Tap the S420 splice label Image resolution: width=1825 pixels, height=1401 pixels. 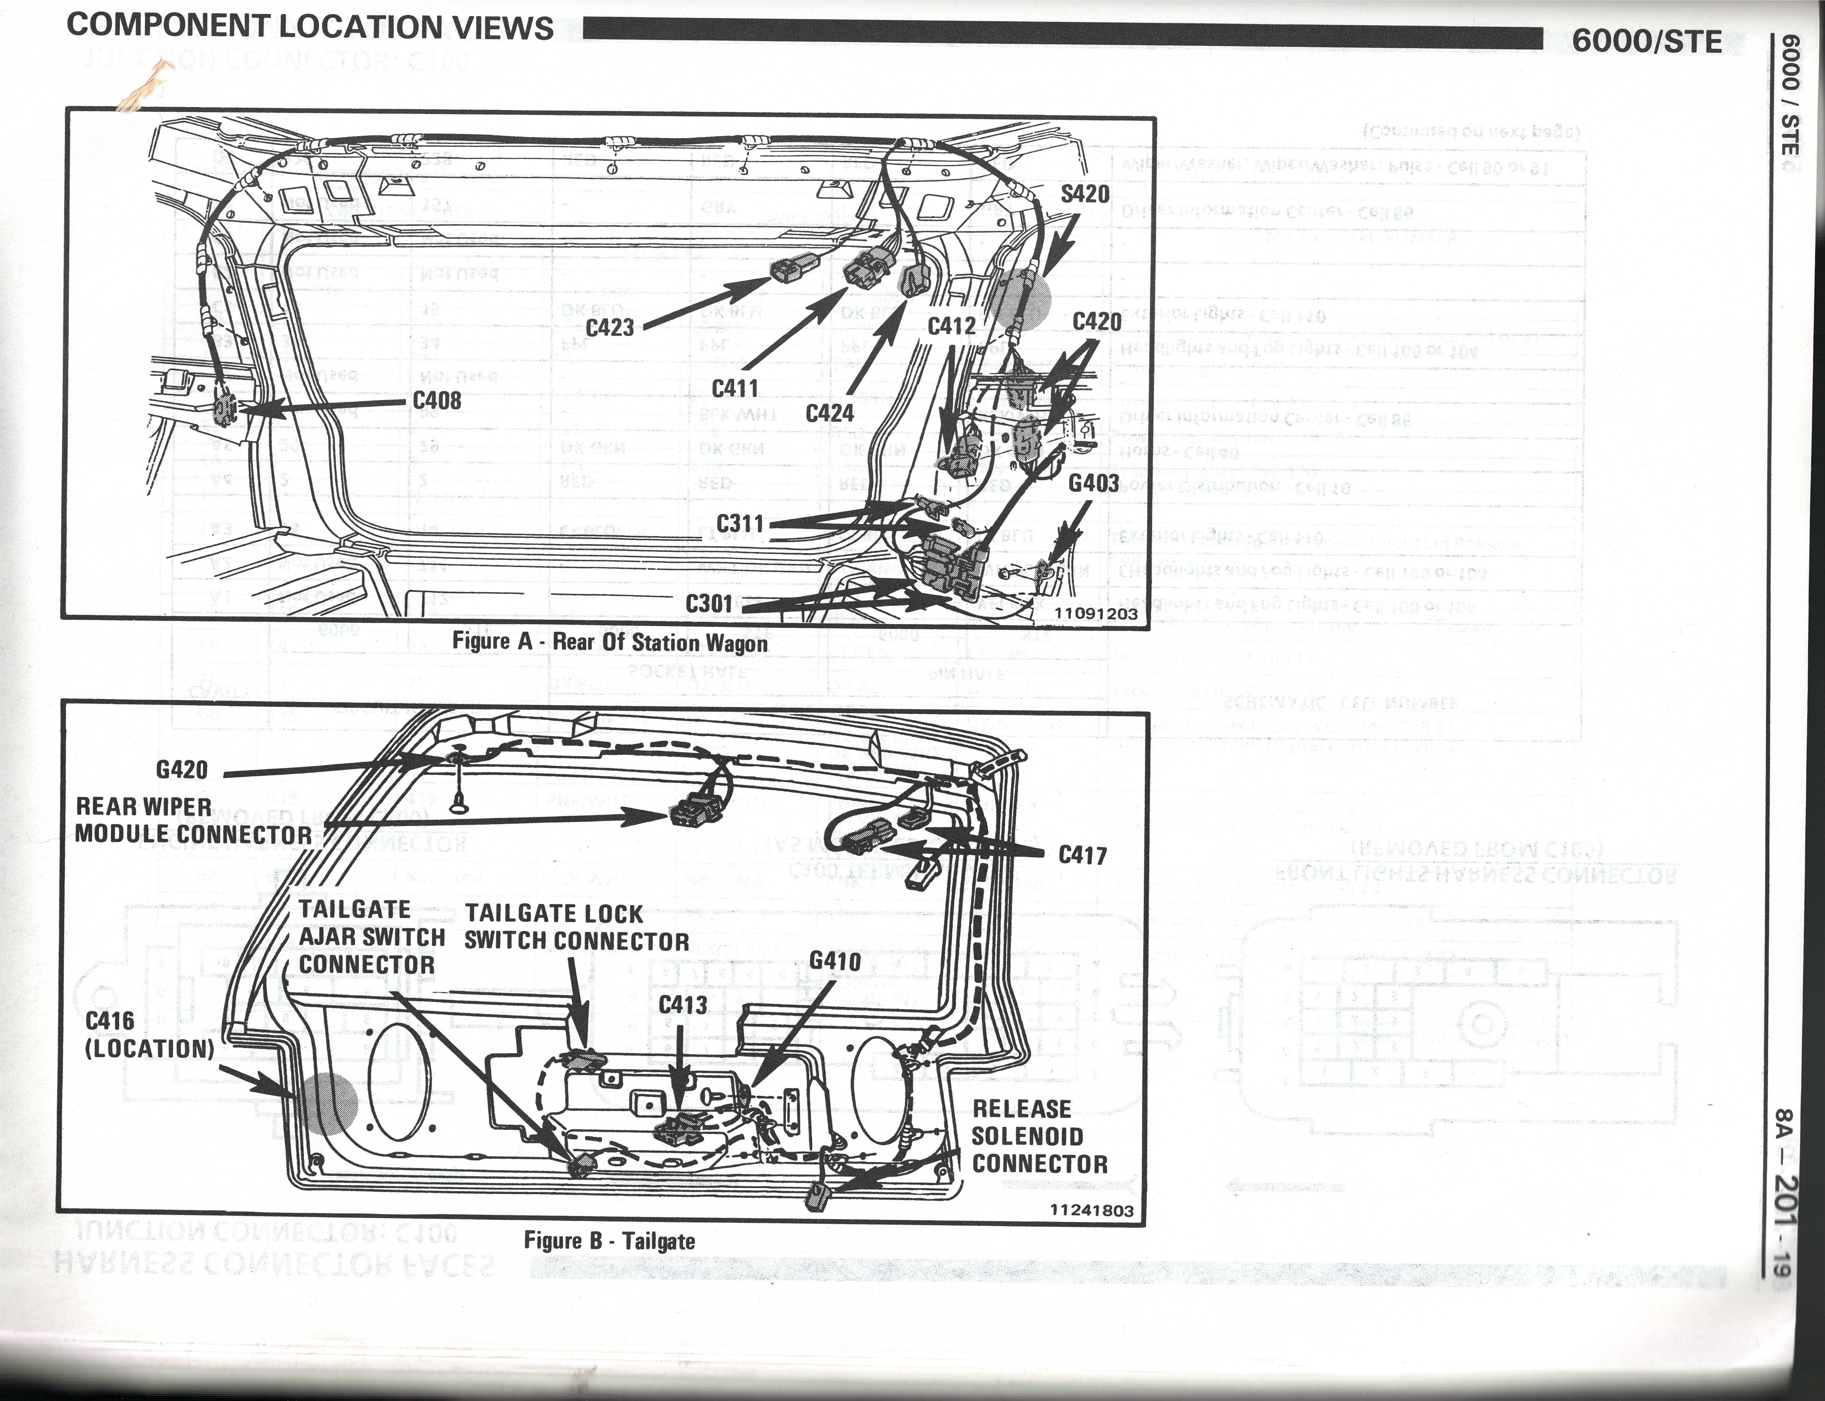click(x=1085, y=194)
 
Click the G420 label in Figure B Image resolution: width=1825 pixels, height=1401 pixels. click(x=182, y=769)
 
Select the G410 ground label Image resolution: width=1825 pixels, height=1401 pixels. click(x=835, y=961)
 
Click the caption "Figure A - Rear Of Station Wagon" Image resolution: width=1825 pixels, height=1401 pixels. click(x=610, y=642)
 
